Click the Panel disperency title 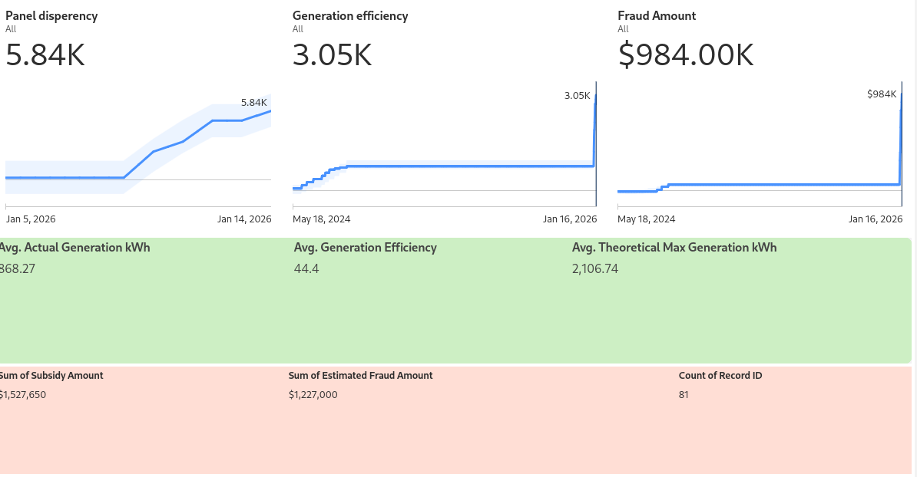click(51, 16)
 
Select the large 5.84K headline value click(45, 55)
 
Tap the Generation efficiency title click(350, 16)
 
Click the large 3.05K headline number click(332, 55)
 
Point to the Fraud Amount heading click(657, 16)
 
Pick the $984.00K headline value click(686, 55)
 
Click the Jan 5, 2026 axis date click(31, 219)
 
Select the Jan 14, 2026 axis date click(244, 219)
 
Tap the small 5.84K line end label click(253, 103)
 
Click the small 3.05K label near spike click(577, 96)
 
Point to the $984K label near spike click(881, 94)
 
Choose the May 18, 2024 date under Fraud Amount click(647, 219)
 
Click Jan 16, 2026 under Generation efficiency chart click(569, 219)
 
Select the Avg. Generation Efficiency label click(365, 248)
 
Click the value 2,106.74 click(595, 268)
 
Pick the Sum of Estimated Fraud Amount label click(360, 376)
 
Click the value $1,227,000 click(313, 395)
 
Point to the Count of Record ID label click(720, 376)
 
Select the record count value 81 click(684, 395)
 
